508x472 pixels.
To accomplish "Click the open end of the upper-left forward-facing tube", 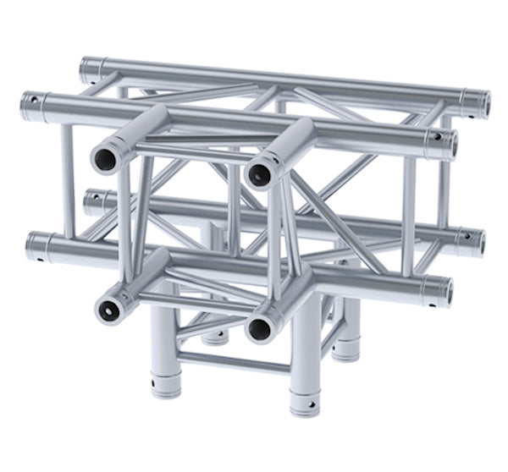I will (x=106, y=157).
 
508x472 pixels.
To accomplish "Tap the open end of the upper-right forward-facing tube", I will (x=258, y=174).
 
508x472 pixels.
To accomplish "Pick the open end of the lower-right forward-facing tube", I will (x=259, y=327).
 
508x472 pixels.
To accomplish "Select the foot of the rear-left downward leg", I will (x=215, y=336).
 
